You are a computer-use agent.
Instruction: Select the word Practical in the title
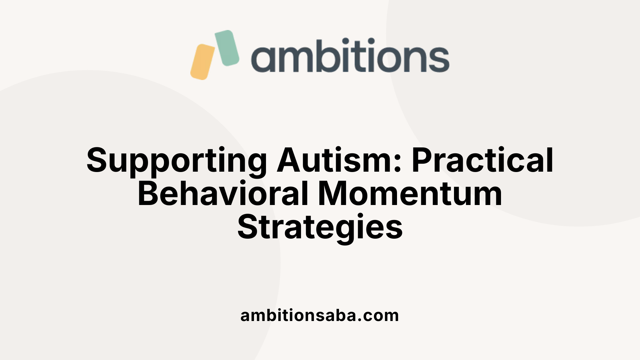tap(483, 160)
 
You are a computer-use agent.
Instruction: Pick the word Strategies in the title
tap(320, 228)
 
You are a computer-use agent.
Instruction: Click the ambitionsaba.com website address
tap(320, 315)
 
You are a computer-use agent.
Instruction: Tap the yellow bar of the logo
tap(202, 62)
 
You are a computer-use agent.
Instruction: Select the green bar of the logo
tap(227, 48)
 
